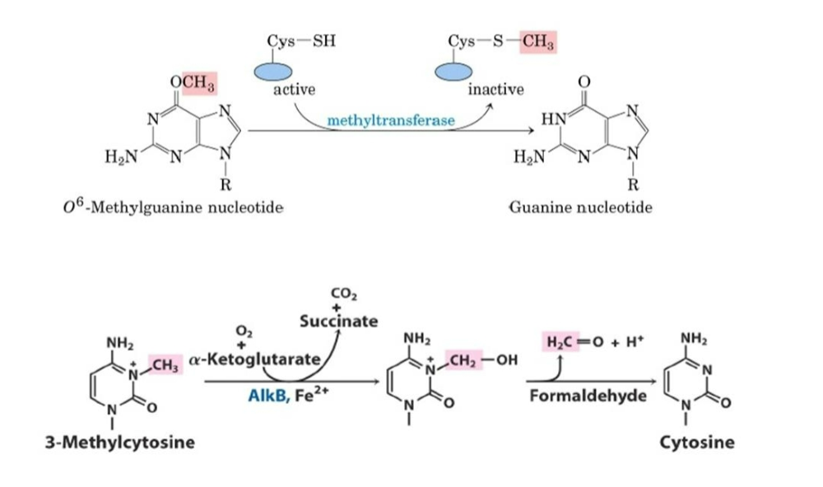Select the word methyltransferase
[x=391, y=122]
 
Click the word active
[x=294, y=90]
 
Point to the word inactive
[x=495, y=90]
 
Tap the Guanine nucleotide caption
[x=581, y=206]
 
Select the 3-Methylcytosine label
[x=119, y=443]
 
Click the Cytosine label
[x=697, y=443]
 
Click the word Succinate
[x=339, y=321]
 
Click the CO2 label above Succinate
[x=339, y=292]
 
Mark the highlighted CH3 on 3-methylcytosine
[x=165, y=363]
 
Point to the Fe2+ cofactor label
[x=310, y=395]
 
